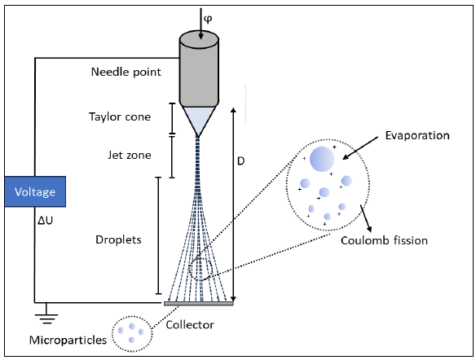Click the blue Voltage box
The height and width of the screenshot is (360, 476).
coord(35,191)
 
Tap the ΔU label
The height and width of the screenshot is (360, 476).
coord(45,221)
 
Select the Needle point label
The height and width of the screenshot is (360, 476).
coord(126,72)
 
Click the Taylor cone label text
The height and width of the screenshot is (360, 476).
coord(120,116)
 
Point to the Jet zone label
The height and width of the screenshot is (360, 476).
coord(130,155)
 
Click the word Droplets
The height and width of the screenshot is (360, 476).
coord(118,239)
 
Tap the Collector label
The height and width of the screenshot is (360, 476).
coord(190,325)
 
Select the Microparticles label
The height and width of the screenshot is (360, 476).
coord(68,340)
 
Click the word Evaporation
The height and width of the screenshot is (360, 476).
coord(417,135)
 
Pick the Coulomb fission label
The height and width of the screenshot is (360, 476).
coord(385,240)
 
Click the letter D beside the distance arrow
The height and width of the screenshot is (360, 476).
coord(240,161)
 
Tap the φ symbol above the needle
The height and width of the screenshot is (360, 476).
coord(208,20)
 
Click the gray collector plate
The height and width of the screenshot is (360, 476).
coord(199,303)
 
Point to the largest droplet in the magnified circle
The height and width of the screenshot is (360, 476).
coord(322,159)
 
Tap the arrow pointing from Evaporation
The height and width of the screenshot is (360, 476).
coord(360,148)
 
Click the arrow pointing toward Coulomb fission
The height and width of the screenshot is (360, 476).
coord(366,218)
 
